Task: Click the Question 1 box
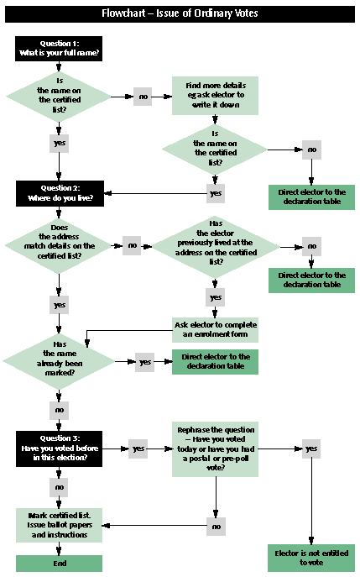[59, 49]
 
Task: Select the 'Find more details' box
[215, 96]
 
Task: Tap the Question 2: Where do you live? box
[60, 193]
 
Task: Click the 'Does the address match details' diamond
[59, 246]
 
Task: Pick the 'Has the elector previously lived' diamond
[216, 247]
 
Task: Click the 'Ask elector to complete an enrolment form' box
[215, 330]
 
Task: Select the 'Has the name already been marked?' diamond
[59, 362]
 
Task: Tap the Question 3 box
[60, 449]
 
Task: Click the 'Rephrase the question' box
[215, 449]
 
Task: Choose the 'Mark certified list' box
[60, 525]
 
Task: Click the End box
[60, 564]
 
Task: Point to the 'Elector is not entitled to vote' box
[311, 558]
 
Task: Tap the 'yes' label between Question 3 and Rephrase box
[138, 449]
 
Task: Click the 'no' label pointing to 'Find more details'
[143, 97]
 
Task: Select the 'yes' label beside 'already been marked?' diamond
[145, 362]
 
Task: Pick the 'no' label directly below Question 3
[60, 488]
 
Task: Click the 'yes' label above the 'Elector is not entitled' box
[311, 449]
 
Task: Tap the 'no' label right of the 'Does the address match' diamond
[132, 246]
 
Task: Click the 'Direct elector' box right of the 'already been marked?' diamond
[215, 362]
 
